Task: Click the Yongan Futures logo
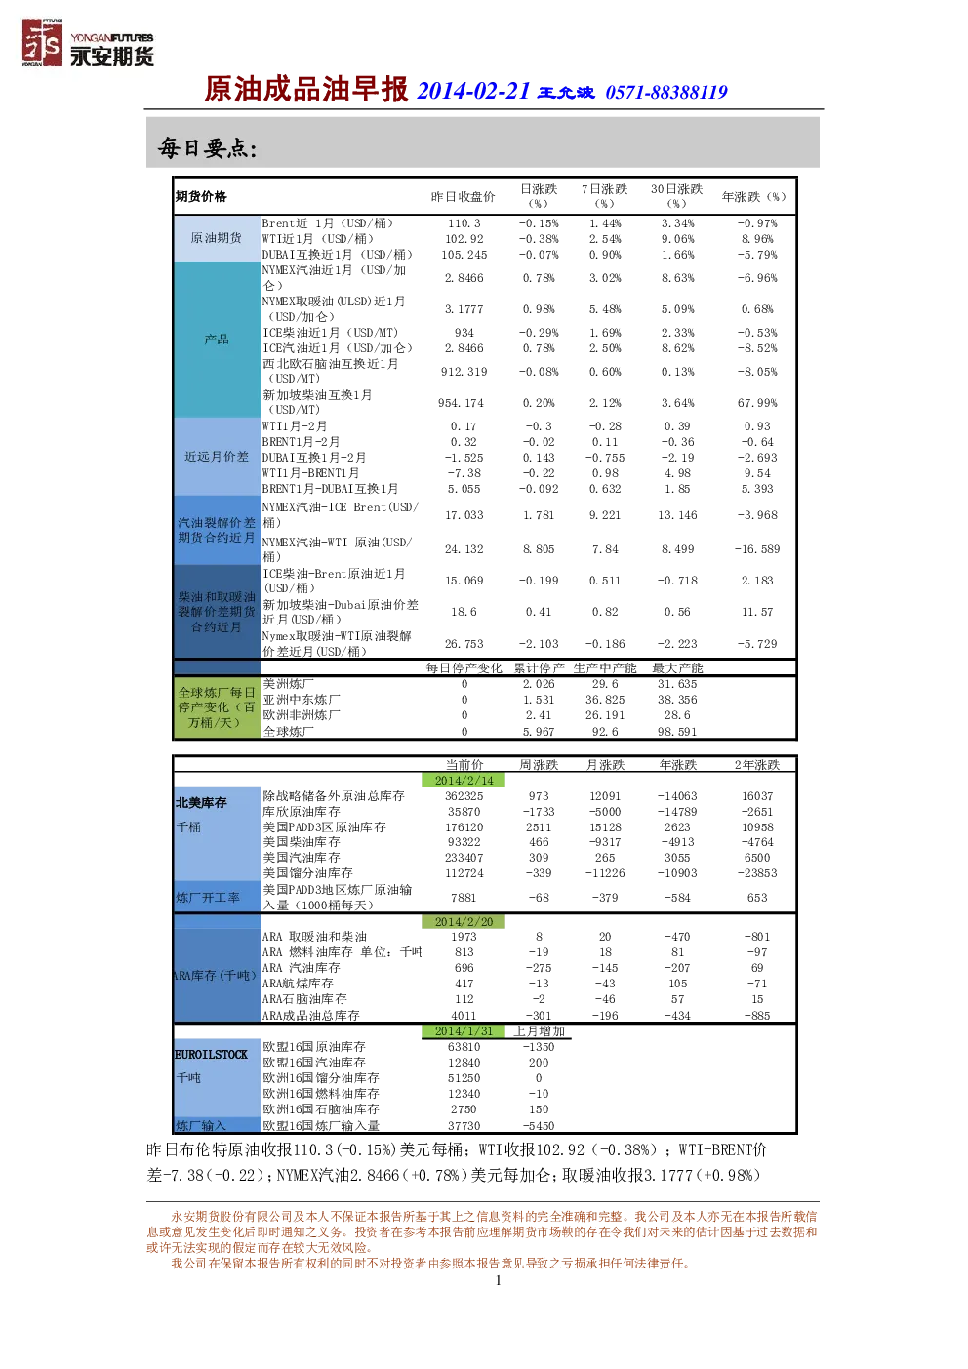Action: point(88,43)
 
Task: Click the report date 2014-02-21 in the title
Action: point(473,91)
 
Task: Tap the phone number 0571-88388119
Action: point(666,93)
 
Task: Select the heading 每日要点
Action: point(207,147)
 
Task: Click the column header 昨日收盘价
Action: point(464,197)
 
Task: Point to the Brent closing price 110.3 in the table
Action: point(464,223)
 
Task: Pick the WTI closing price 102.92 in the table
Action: point(464,239)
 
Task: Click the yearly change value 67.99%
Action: point(757,403)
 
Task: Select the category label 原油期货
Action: point(217,238)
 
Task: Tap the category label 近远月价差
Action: point(217,457)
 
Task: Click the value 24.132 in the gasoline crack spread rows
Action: point(464,549)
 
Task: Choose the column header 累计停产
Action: point(539,668)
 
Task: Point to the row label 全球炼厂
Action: point(289,732)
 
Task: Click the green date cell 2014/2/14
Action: point(464,781)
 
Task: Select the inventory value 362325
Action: point(464,796)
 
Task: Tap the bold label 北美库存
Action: point(201,802)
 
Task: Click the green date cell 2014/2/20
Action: point(464,922)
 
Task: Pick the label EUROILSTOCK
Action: point(211,1055)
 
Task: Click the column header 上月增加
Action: point(539,1031)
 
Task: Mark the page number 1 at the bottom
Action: point(499,1280)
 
